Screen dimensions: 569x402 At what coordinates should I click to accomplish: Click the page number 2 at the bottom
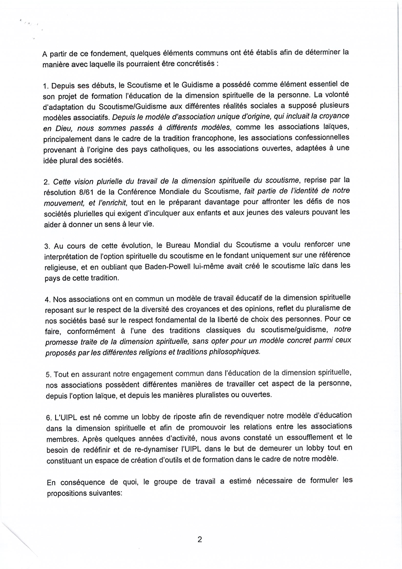point(199,540)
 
